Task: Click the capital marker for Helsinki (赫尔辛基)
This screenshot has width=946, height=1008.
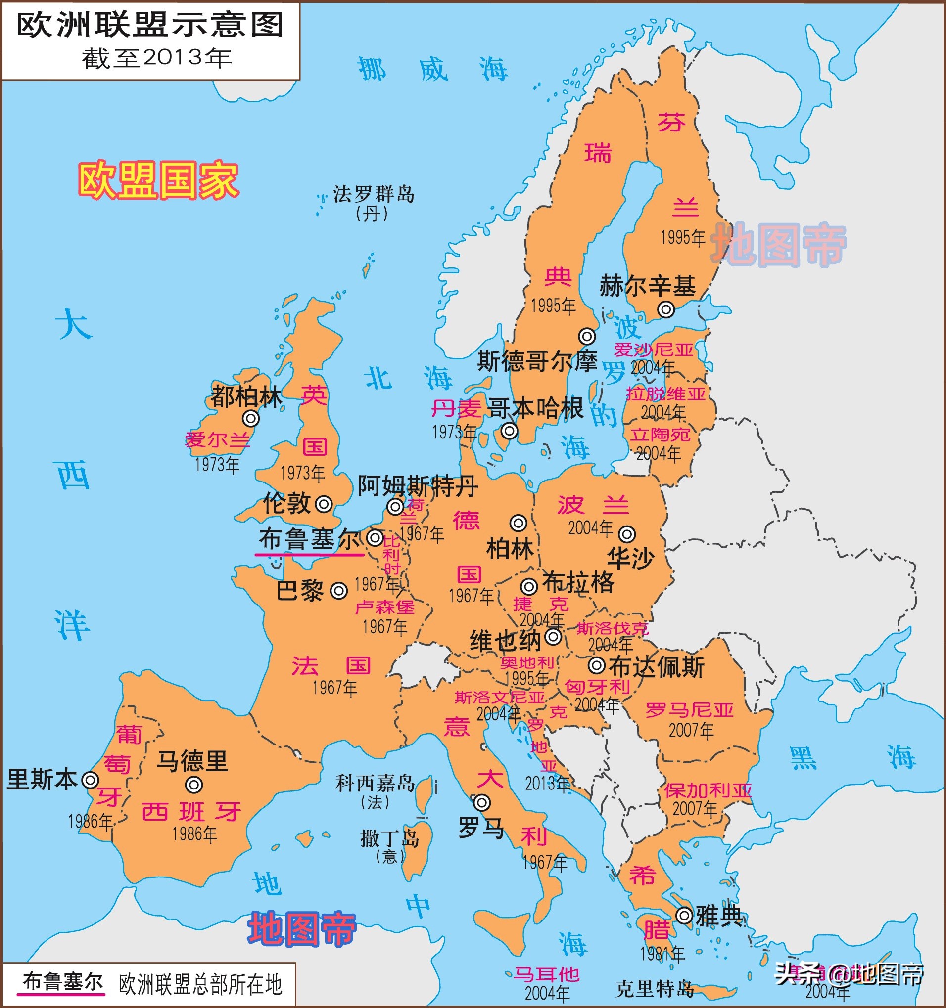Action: tap(666, 309)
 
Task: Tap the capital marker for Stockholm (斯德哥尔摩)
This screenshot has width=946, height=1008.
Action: tap(587, 336)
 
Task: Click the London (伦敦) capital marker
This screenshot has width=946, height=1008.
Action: tap(324, 504)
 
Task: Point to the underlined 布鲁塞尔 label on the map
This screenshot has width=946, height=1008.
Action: tap(310, 538)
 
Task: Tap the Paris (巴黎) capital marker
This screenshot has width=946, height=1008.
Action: tap(339, 591)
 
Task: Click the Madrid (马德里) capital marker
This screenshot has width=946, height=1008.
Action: tap(194, 785)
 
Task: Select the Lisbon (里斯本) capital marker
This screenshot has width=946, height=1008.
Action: tap(91, 780)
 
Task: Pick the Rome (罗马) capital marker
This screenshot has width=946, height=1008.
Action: tap(481, 803)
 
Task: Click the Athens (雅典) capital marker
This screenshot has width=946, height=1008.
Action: tap(684, 915)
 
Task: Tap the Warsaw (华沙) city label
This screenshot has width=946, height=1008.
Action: tap(631, 558)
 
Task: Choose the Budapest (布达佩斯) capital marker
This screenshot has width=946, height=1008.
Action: tap(597, 665)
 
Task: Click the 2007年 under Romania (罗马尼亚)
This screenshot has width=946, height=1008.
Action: tap(691, 730)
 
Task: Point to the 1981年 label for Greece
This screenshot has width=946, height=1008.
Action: tap(662, 954)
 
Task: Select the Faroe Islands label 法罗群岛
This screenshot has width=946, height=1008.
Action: tap(374, 194)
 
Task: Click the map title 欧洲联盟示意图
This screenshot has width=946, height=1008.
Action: tap(150, 25)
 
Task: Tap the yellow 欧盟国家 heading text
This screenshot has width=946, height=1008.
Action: tap(158, 180)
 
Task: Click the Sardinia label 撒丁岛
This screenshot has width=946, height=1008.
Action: tap(390, 838)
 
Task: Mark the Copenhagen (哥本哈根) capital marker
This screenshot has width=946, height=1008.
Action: tap(509, 431)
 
